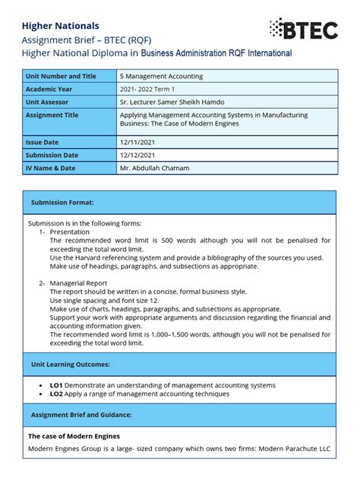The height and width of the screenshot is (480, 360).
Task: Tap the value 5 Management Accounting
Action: click(161, 76)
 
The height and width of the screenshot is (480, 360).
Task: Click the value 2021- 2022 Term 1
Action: click(152, 89)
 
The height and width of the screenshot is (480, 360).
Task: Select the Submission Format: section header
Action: click(62, 203)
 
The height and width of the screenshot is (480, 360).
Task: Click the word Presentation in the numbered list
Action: click(70, 232)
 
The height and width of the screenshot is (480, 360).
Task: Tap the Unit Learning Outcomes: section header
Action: click(71, 365)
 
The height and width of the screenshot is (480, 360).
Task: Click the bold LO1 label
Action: click(56, 385)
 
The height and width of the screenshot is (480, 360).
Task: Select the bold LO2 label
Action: click(56, 393)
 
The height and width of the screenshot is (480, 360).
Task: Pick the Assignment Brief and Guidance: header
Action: click(81, 415)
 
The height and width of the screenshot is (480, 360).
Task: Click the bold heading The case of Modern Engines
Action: click(74, 437)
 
